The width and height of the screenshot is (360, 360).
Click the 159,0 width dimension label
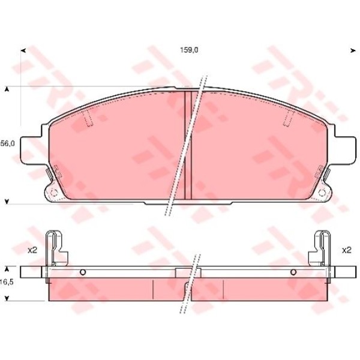coord(189,50)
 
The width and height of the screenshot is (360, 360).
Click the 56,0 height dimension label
coord(7,143)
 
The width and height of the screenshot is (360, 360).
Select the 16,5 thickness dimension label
coord(7,282)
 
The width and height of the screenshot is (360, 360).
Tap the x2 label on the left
coord(32,250)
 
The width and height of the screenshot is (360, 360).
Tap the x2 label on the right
coord(347,250)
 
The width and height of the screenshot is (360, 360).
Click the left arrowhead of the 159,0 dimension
coord(23,50)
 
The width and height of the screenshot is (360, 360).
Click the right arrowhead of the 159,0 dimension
coord(353,50)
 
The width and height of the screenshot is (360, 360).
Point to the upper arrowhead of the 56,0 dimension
coord(7,89)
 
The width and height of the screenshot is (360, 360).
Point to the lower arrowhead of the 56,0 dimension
coord(7,202)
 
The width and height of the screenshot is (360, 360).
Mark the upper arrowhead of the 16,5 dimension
coord(7,269)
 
